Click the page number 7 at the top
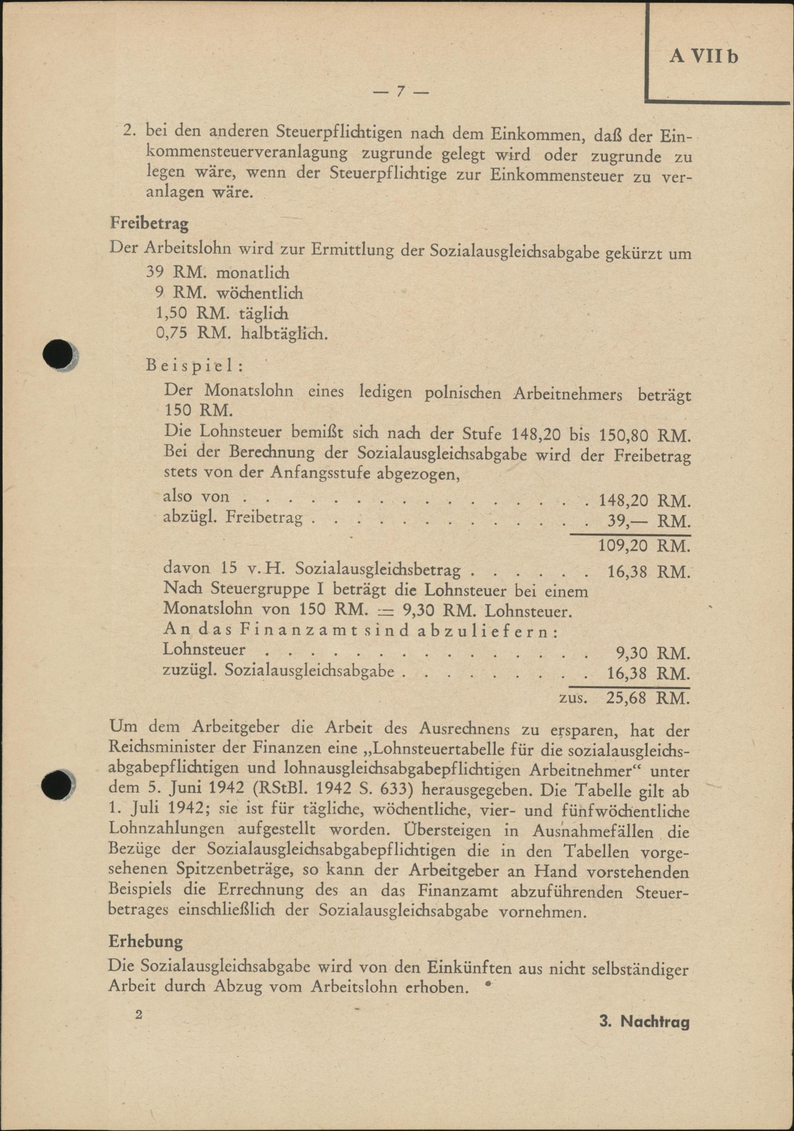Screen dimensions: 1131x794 pyautogui.click(x=400, y=92)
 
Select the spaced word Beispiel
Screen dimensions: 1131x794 pyautogui.click(x=194, y=367)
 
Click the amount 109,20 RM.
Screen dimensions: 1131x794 pyautogui.click(x=643, y=546)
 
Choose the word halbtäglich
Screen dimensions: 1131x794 pyautogui.click(x=284, y=334)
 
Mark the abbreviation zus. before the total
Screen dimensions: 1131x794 pyautogui.click(x=573, y=698)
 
